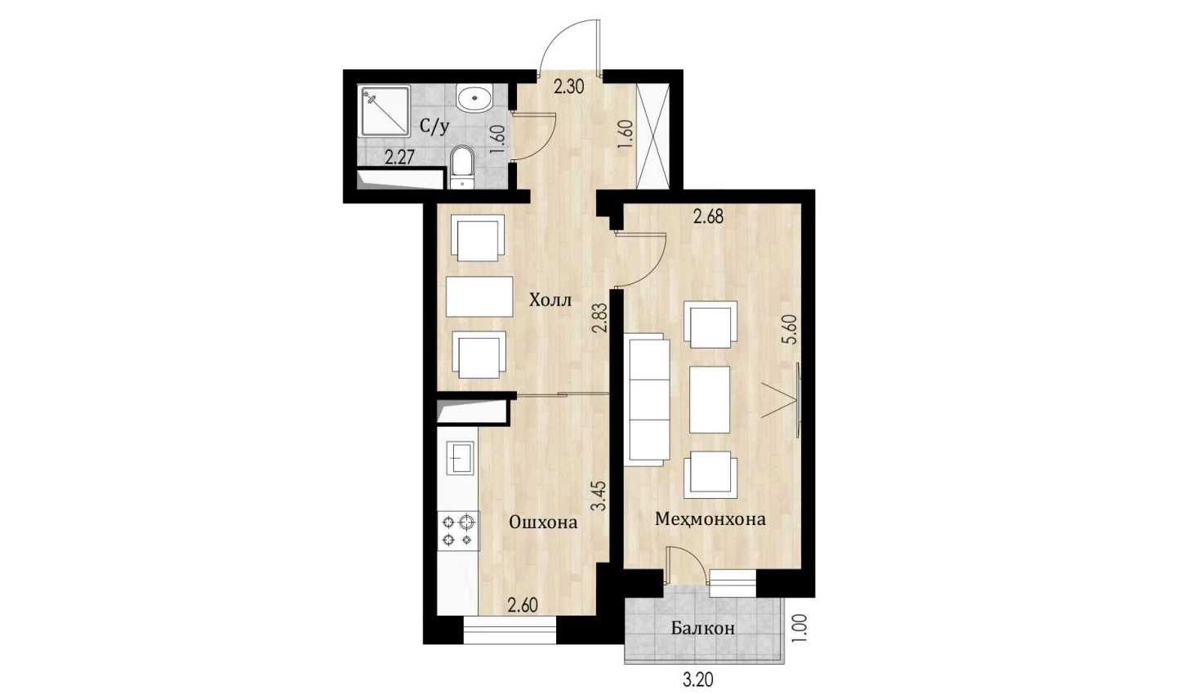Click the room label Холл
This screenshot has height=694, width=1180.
[x=550, y=300]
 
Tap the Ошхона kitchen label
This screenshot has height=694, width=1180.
[x=543, y=523]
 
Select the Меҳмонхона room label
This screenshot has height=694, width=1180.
[x=710, y=519]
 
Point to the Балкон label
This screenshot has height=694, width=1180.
[x=703, y=628]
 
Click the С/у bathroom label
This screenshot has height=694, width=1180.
[x=434, y=127]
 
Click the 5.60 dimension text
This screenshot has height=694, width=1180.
[x=790, y=329]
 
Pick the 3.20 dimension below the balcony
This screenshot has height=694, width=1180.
[x=698, y=680]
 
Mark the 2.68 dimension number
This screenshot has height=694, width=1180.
[x=708, y=216]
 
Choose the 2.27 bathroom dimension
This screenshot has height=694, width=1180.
[x=399, y=158]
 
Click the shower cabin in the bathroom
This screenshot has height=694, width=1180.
[x=384, y=111]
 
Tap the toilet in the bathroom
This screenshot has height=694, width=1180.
[x=462, y=167]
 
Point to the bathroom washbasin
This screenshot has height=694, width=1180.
[x=474, y=98]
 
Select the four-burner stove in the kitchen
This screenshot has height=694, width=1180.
[x=458, y=531]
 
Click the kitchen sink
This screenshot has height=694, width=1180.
[x=460, y=459]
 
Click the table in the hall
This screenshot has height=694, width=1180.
[x=479, y=296]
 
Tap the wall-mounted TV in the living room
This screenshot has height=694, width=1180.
[x=799, y=400]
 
